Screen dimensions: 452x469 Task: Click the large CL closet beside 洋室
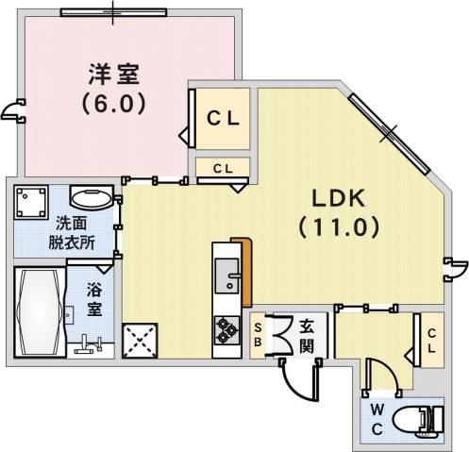point(223,119)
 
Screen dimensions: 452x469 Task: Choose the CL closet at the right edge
point(430,339)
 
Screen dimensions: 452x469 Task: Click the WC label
point(377,418)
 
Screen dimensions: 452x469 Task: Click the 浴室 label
point(95,300)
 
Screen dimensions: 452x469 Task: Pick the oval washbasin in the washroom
point(91,199)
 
